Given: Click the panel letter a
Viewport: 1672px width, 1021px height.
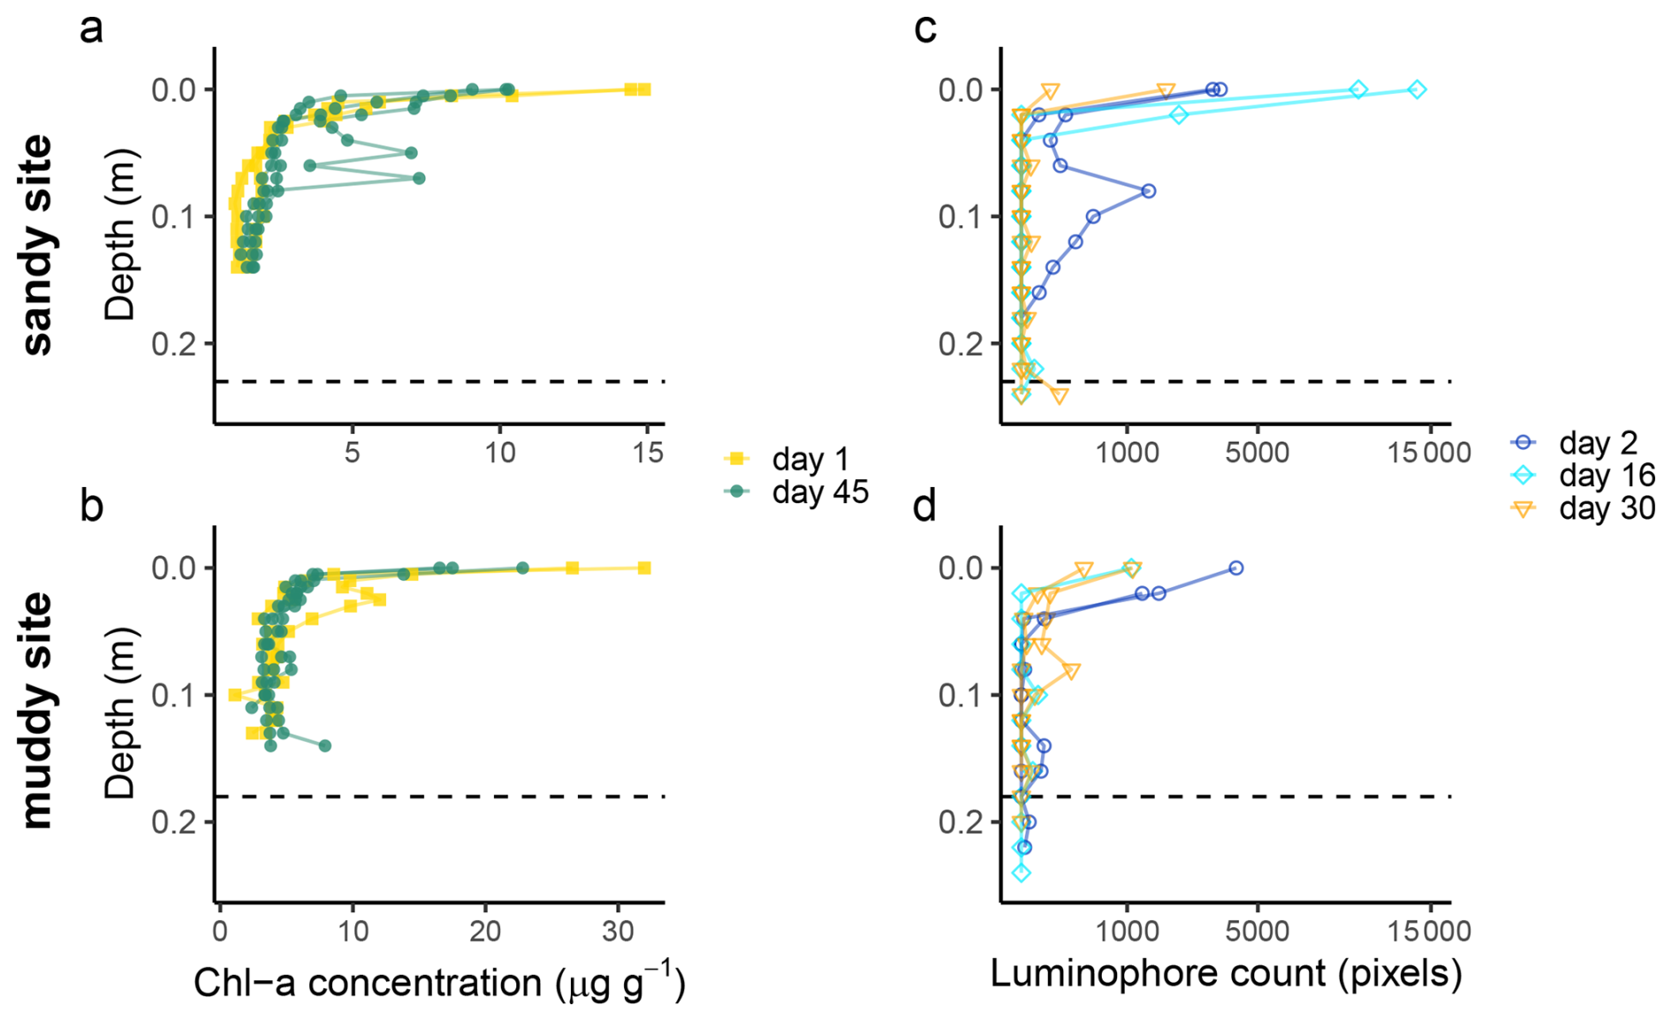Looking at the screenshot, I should pos(91,29).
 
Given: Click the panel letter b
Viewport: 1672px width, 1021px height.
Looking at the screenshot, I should pos(91,507).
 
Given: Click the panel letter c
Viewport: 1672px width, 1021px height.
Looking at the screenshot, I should pos(924,29).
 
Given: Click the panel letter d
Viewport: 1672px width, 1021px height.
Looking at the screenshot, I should pos(924,507).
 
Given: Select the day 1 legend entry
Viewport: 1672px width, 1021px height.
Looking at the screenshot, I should pos(809,459).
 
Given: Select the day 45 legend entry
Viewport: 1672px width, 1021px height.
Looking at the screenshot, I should pos(819,491).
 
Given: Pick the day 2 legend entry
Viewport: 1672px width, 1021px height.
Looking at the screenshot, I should pos(1598,442).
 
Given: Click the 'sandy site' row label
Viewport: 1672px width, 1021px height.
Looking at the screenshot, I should pos(38,245).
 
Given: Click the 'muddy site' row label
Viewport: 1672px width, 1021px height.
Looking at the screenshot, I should pos(38,710).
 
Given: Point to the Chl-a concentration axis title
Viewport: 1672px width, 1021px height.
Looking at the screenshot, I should pos(439,983).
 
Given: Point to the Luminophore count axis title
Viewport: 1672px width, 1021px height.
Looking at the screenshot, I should pos(1226,973).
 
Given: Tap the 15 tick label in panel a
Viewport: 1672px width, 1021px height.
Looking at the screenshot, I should pos(648,453).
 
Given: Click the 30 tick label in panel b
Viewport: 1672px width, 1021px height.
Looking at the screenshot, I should pos(618,931).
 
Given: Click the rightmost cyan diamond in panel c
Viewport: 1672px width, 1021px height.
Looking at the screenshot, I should pos(1417,89).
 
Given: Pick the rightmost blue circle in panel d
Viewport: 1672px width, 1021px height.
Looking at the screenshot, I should pos(1236,568).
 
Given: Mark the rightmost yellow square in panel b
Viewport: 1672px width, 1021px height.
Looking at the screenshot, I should pos(644,568).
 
